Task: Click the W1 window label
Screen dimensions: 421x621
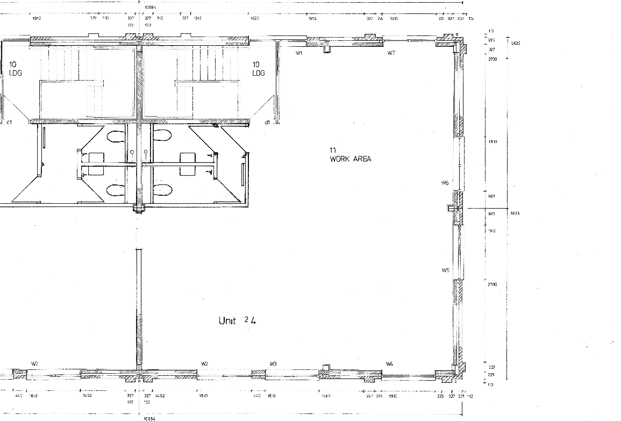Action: pos(299,53)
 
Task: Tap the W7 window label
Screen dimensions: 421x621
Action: pos(391,53)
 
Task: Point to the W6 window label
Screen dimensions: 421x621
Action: pos(445,183)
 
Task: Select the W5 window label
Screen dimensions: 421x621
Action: pos(445,270)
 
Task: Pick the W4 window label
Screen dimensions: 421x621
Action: pos(389,364)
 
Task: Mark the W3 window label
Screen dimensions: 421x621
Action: pos(273,364)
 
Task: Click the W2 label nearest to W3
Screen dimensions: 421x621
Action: pos(204,364)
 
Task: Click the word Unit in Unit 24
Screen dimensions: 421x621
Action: pos(227,320)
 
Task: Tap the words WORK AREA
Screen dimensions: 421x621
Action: pos(351,159)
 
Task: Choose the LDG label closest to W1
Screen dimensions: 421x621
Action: pos(259,73)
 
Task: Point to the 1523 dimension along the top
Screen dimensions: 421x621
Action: pos(255,18)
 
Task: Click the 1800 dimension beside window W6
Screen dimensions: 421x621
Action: pos(492,141)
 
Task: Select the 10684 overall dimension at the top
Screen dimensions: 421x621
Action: pos(151,8)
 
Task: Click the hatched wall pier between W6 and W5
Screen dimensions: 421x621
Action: pos(456,208)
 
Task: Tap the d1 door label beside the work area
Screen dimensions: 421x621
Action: pos(267,123)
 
